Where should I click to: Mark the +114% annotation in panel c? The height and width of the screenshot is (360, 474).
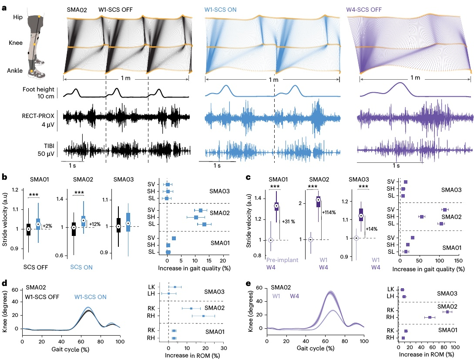click(329, 212)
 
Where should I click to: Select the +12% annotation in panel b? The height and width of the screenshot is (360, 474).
click(95, 224)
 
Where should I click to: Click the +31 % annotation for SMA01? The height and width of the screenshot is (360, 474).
click(289, 221)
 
